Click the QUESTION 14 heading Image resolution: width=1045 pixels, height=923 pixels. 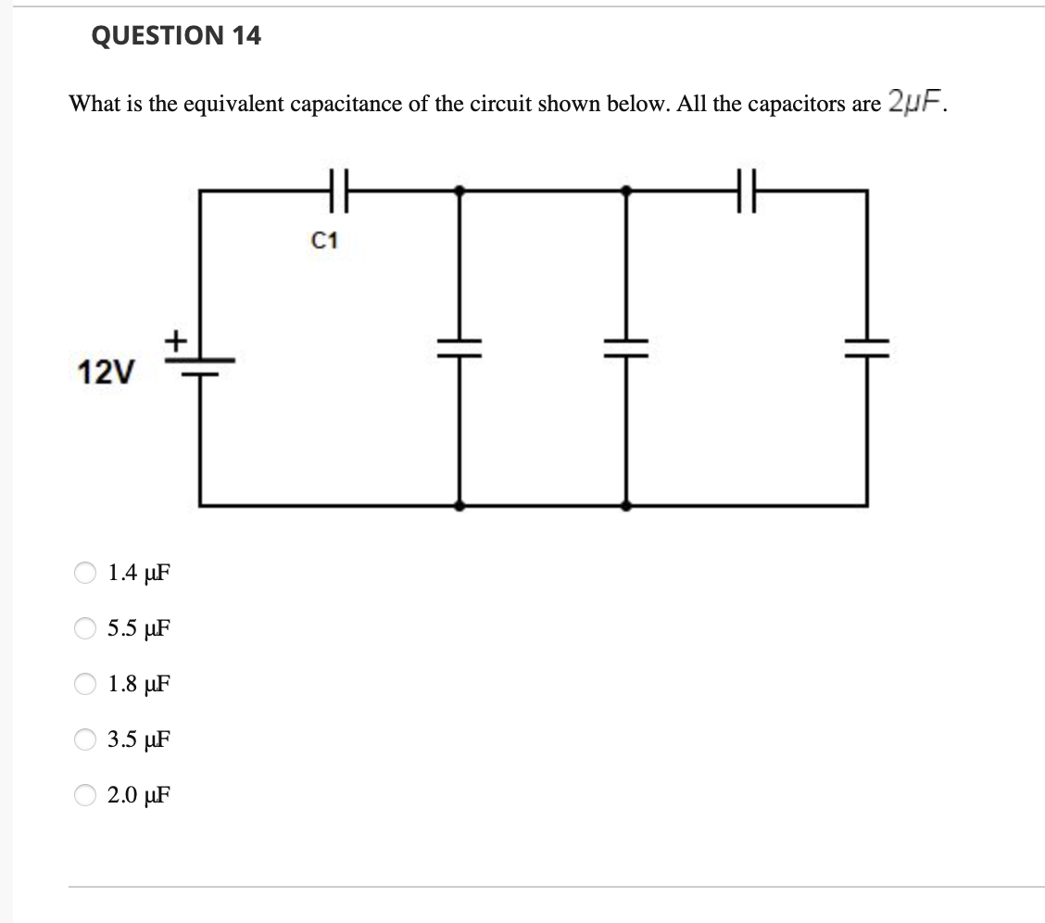pyautogui.click(x=176, y=36)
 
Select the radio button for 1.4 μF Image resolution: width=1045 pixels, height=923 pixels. pyautogui.click(x=85, y=573)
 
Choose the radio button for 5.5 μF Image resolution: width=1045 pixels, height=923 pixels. pyautogui.click(x=85, y=628)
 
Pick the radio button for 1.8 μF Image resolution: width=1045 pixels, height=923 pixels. pyautogui.click(x=85, y=684)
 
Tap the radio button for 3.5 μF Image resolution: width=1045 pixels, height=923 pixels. pyautogui.click(x=85, y=740)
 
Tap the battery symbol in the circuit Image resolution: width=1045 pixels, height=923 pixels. pyautogui.click(x=201, y=367)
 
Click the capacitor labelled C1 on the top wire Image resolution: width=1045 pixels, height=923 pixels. pyautogui.click(x=339, y=190)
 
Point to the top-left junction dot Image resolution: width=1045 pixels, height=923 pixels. pyautogui.click(x=460, y=190)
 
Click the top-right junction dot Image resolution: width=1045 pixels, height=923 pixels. pyautogui.click(x=626, y=190)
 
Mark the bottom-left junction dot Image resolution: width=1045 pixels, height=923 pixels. pyautogui.click(x=460, y=506)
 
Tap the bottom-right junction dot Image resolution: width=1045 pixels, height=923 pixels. pyautogui.click(x=626, y=506)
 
